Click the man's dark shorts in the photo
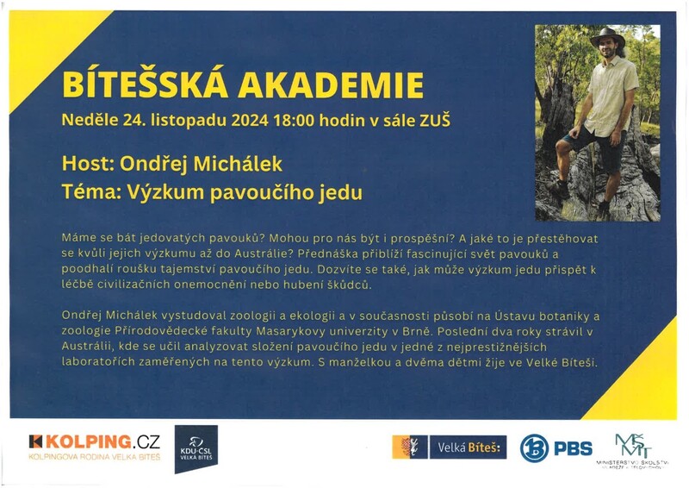click(x=595, y=136)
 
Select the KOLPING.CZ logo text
click(x=94, y=441)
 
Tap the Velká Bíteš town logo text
click(x=470, y=447)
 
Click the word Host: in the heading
click(x=88, y=163)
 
